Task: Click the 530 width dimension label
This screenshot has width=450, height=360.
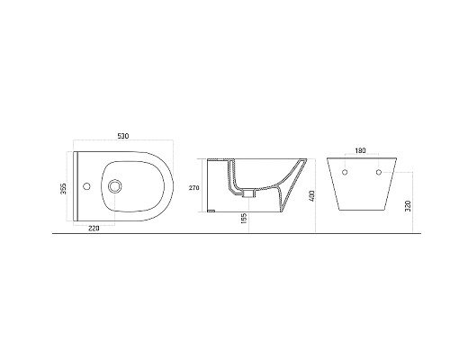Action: pos(123,136)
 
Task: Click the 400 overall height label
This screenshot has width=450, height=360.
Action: pos(310,194)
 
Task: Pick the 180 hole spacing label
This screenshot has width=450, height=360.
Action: pos(360,150)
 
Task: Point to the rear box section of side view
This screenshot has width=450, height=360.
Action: pos(217,184)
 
